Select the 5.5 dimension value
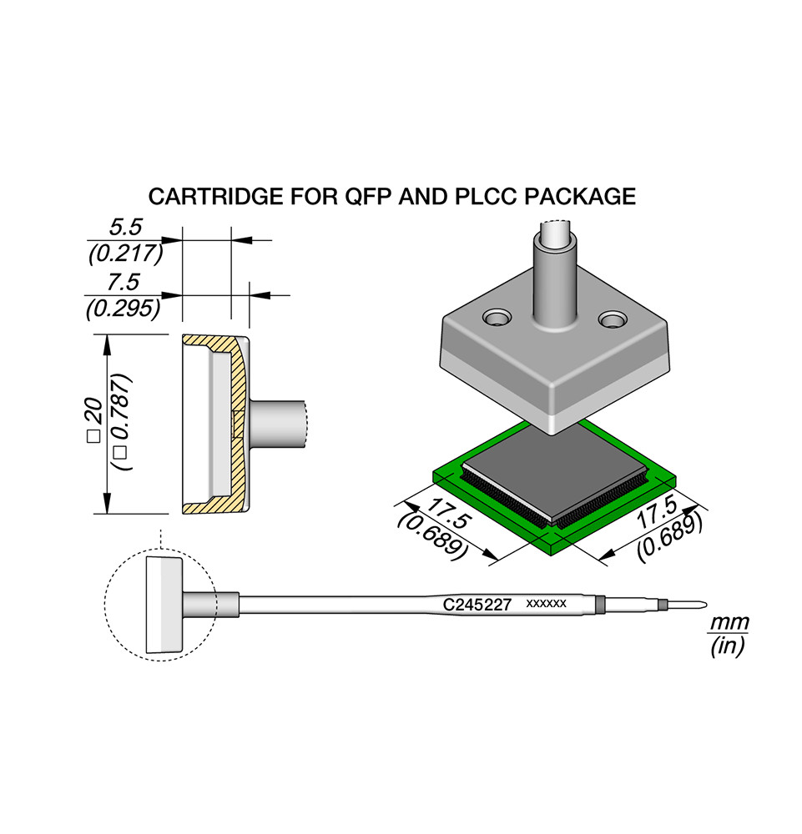(126, 226)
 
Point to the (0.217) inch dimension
(124, 253)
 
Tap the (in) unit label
(727, 646)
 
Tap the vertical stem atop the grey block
(552, 275)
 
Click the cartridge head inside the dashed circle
(164, 605)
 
